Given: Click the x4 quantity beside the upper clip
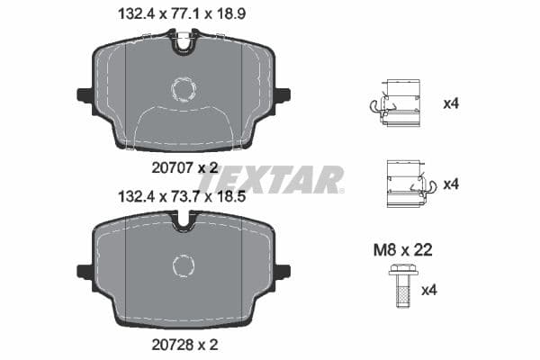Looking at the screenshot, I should [451, 103].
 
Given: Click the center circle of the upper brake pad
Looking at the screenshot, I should [184, 88].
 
